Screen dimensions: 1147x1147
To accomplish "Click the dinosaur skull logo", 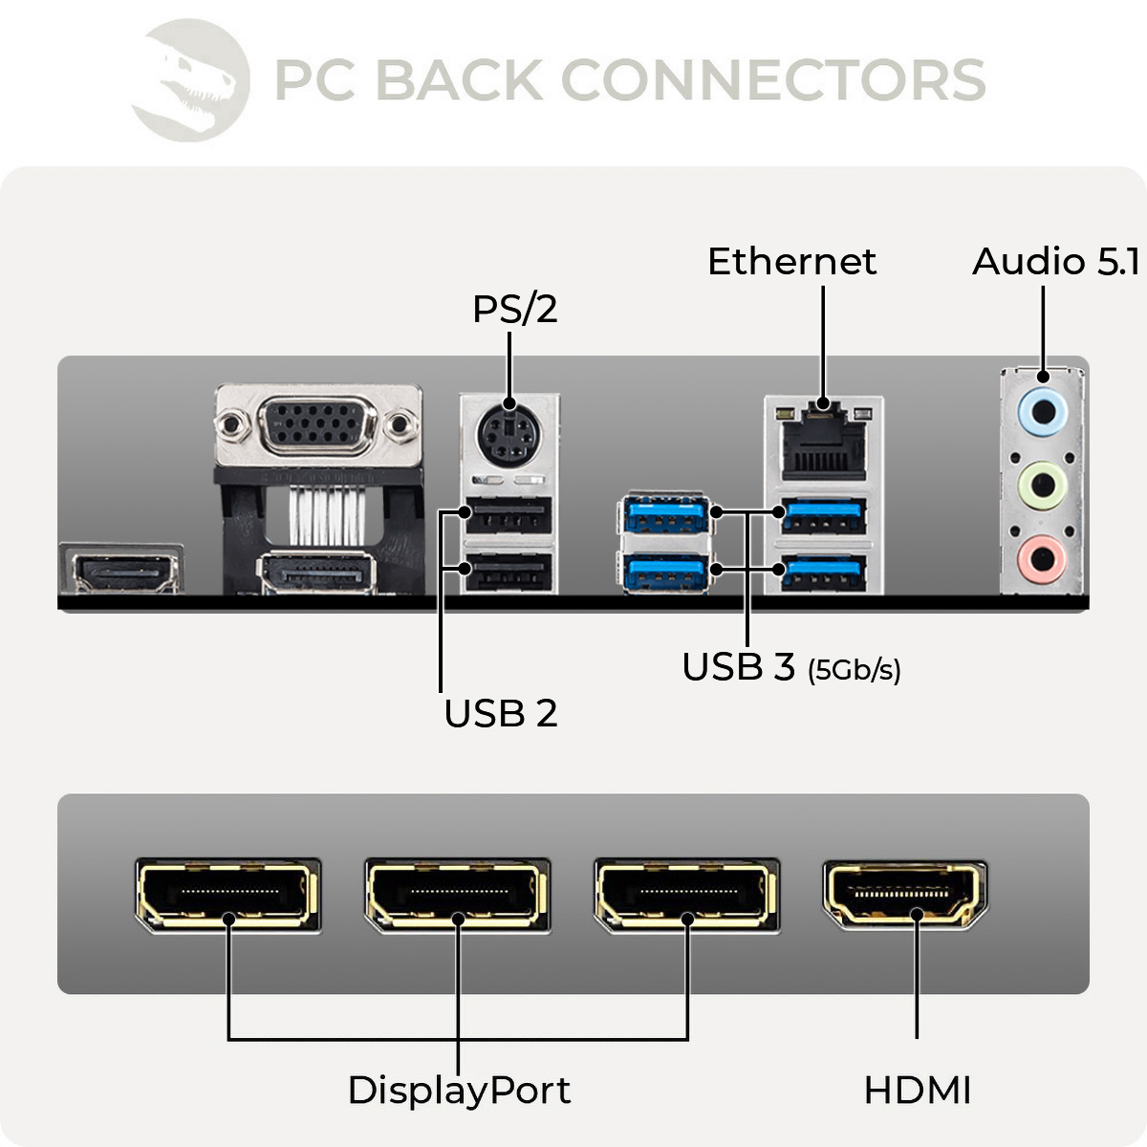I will [x=191, y=80].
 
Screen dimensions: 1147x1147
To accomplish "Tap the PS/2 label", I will [x=514, y=309].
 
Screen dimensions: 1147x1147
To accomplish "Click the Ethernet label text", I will [x=791, y=262].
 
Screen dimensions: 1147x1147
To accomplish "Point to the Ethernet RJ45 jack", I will [x=823, y=443].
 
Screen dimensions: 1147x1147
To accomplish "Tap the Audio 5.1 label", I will [x=1055, y=262].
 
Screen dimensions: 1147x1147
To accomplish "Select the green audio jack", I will [x=1042, y=482].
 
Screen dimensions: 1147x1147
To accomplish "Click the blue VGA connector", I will [x=317, y=422].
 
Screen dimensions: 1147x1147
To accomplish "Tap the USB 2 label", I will [x=500, y=714].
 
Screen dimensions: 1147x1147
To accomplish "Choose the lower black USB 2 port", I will [x=508, y=572].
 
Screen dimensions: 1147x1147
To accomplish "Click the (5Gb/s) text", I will [x=854, y=670].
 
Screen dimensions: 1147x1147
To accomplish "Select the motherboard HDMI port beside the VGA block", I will [x=121, y=571].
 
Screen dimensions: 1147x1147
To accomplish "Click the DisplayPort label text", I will [x=459, y=1091].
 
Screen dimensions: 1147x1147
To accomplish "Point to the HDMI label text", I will [x=917, y=1091].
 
